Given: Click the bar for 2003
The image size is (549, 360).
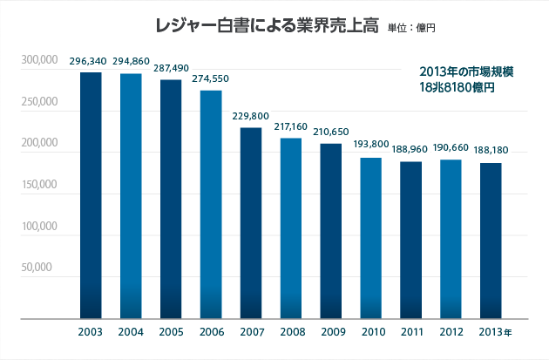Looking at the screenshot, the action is pos(91,195).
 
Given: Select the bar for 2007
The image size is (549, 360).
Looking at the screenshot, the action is pos(251,223).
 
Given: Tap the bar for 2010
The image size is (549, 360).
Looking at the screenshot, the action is pos(370,238).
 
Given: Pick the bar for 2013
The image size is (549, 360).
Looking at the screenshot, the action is pos(491,241).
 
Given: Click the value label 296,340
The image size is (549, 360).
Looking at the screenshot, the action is pos(88,61).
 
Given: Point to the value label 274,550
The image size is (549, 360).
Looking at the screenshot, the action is pos(210,78).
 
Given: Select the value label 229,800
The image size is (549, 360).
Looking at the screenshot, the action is pos(250,116).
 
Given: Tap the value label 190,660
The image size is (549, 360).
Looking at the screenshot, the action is pos(451,148).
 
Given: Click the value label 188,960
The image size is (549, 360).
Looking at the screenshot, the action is pos(410,150).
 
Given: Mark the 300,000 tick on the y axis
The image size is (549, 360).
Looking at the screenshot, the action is pos(39,60).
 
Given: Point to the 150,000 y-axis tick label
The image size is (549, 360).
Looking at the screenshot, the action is pos(39,184).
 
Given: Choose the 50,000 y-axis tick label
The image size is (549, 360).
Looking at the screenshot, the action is pos(37,268).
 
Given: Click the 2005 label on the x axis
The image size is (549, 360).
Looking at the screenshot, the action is pos(171,331).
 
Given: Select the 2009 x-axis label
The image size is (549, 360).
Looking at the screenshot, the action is pos(333,331).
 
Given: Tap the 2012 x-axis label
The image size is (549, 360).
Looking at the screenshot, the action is pos(451,331).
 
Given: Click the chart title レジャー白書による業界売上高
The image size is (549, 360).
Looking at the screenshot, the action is pos(268,26).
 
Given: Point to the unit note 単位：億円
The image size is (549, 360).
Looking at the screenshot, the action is pos(411,28).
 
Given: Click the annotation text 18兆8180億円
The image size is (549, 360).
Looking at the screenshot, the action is pos(457,87).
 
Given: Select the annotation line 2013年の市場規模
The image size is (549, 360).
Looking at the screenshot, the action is pos(466,71).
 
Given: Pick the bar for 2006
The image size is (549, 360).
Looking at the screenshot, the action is pos(211,205).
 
